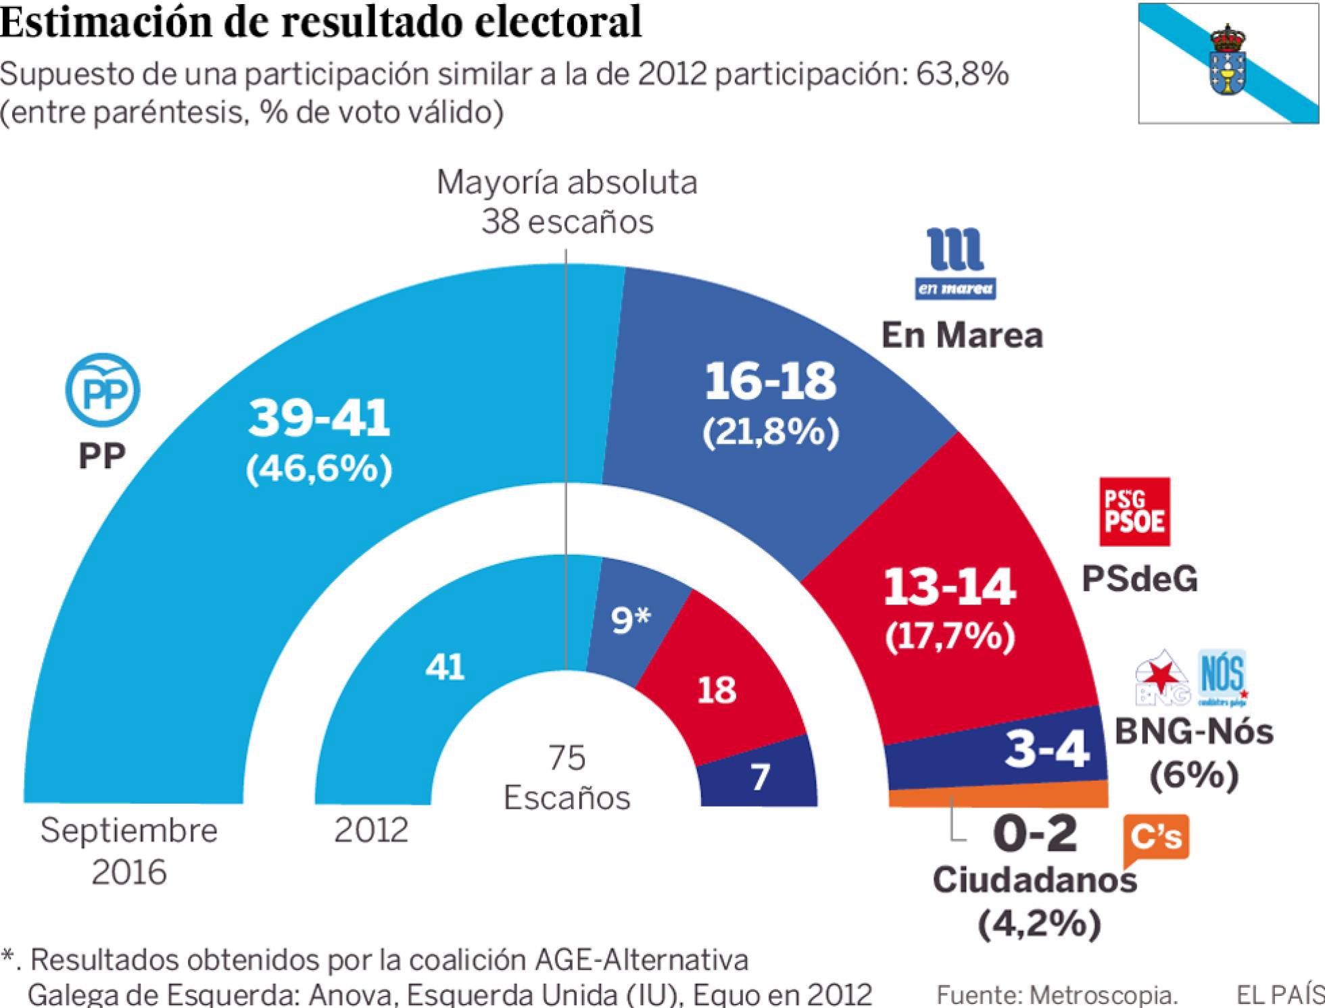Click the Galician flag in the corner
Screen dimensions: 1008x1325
tap(1228, 64)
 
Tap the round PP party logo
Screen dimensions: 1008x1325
tap(102, 390)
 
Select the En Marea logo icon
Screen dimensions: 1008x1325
tap(955, 263)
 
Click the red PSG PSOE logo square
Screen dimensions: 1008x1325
tap(1134, 512)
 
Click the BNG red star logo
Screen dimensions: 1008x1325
tap(1161, 678)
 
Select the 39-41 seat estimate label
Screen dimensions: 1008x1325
tap(319, 418)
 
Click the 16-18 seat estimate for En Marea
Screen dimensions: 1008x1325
tap(770, 381)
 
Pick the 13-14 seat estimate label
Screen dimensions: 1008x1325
tap(949, 586)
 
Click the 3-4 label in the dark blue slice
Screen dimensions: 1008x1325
tap(1046, 749)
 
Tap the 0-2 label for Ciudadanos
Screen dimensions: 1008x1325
tap(1035, 834)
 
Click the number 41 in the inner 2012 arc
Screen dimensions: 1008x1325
tap(445, 667)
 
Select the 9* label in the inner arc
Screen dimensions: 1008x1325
tap(630, 620)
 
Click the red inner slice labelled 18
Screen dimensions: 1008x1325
tap(717, 690)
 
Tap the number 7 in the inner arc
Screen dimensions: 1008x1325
tap(760, 777)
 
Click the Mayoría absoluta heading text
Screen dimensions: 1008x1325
tap(567, 182)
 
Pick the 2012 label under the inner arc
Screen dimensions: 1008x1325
tap(371, 830)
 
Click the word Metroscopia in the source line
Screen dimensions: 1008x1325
tap(1103, 994)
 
